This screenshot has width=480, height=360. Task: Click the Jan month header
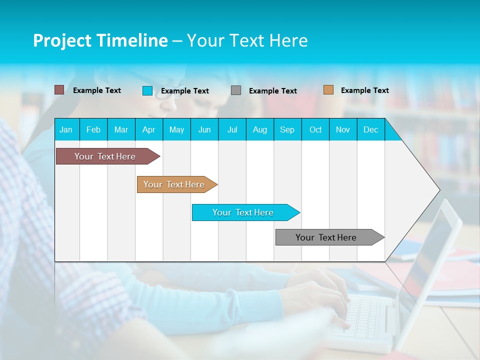(x=66, y=129)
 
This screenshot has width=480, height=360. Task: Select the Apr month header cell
(x=149, y=129)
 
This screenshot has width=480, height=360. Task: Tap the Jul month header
(x=232, y=129)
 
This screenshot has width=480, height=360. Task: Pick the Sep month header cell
(x=287, y=129)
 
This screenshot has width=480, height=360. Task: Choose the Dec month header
(x=371, y=129)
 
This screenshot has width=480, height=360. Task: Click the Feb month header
(x=93, y=129)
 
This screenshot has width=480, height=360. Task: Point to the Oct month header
(x=315, y=129)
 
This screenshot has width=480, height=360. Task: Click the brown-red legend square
(x=59, y=90)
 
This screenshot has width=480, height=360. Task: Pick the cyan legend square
(x=147, y=90)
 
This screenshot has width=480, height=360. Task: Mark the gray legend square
(x=236, y=90)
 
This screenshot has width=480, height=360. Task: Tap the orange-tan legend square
(x=328, y=90)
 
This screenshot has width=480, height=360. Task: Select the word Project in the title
(x=62, y=40)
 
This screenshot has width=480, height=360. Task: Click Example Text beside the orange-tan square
(x=364, y=90)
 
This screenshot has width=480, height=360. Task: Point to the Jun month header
(x=204, y=129)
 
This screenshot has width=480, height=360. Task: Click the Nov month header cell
(x=343, y=129)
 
